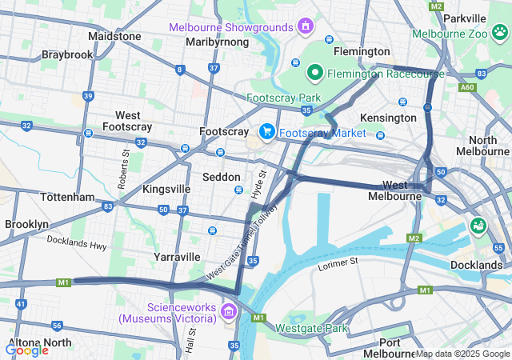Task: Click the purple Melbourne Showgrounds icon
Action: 304,27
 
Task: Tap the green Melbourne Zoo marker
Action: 499,33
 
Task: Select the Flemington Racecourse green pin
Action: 315,74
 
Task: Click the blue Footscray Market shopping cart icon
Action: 267,132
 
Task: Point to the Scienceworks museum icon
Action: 229,311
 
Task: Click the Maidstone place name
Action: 114,36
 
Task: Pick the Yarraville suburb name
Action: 177,257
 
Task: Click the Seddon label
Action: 222,177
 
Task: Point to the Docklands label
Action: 475,265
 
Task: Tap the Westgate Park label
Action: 312,328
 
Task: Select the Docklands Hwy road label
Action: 76,242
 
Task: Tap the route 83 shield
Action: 108,206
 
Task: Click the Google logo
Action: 26,350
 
